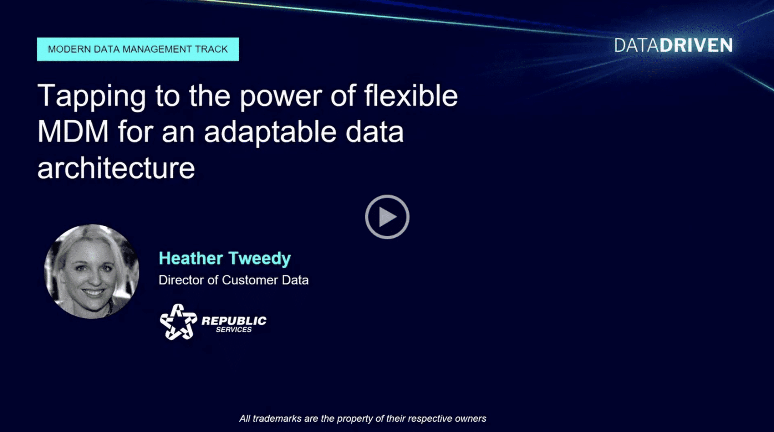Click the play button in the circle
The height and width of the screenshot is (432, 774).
pos(387,217)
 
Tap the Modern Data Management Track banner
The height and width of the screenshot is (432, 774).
pos(138,49)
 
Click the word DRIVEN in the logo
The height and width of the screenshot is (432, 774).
pos(696,45)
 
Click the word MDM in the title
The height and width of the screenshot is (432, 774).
pos(73,131)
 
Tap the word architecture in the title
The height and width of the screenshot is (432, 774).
pos(116,168)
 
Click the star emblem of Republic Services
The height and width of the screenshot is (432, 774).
pos(178,322)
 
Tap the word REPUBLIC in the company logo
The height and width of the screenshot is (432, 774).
pos(234,321)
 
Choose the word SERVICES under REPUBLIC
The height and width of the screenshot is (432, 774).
pos(234,330)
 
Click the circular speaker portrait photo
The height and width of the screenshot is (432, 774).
pos(92,271)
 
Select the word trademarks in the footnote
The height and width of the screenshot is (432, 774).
pos(277,419)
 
